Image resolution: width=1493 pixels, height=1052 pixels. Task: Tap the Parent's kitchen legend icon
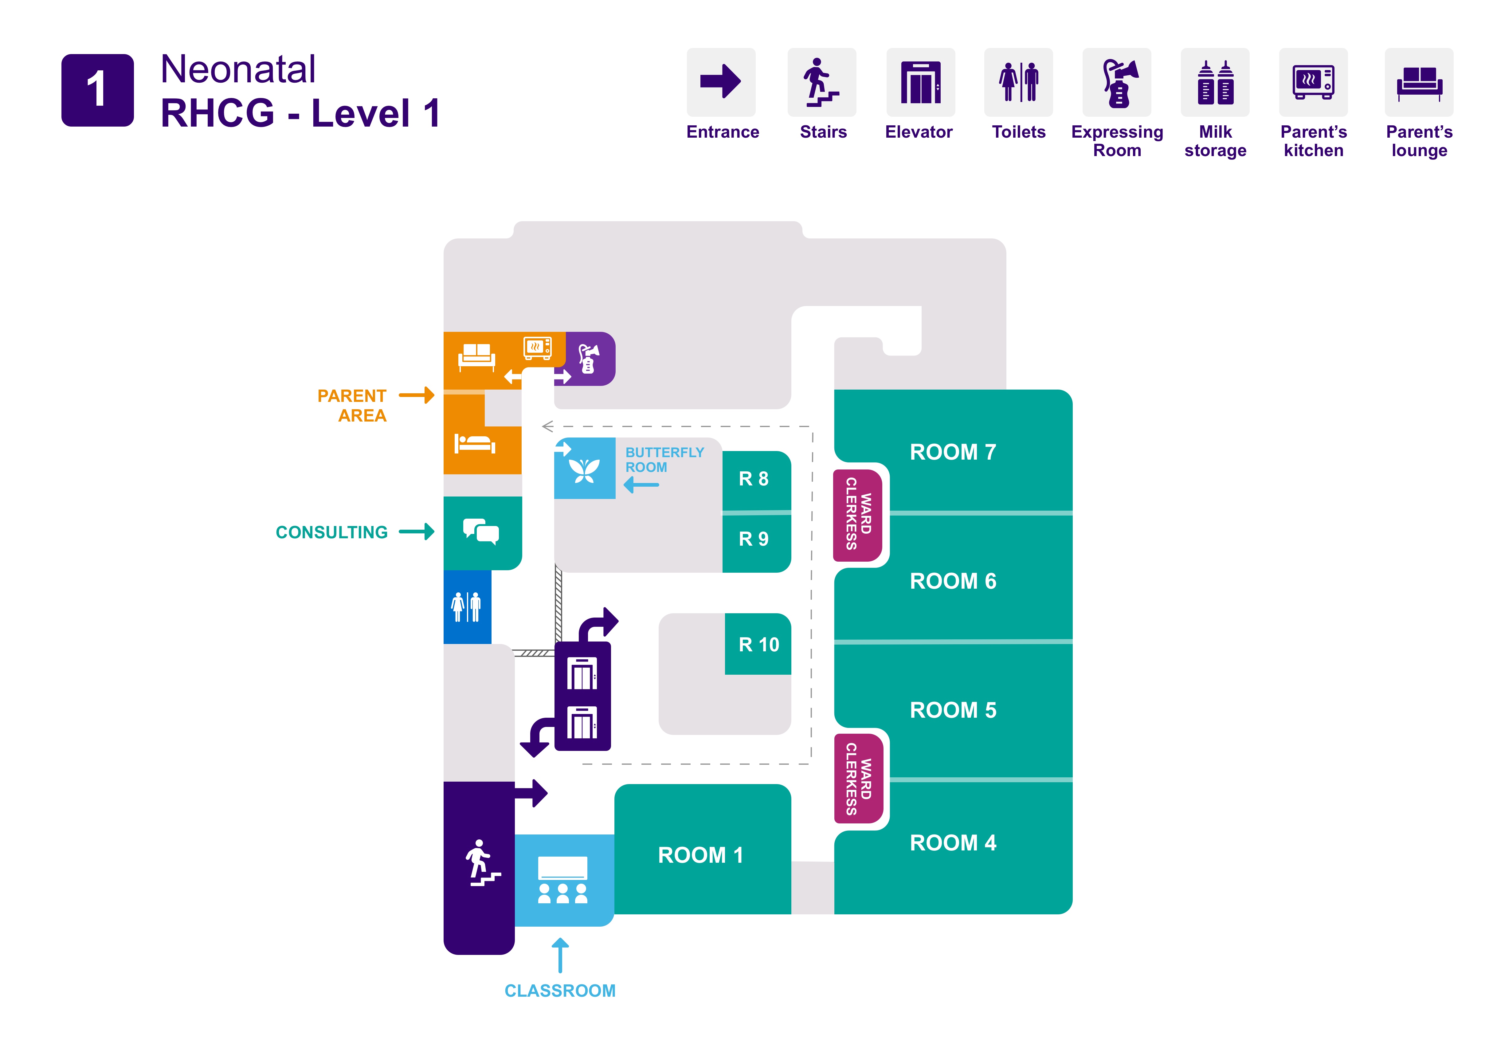click(1313, 83)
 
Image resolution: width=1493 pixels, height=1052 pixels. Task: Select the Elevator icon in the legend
click(920, 83)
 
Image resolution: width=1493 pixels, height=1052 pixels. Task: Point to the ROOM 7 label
click(953, 452)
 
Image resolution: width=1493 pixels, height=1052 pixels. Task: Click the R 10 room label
click(758, 644)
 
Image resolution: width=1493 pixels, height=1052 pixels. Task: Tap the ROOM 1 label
click(700, 855)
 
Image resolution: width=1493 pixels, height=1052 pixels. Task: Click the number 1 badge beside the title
click(98, 90)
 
